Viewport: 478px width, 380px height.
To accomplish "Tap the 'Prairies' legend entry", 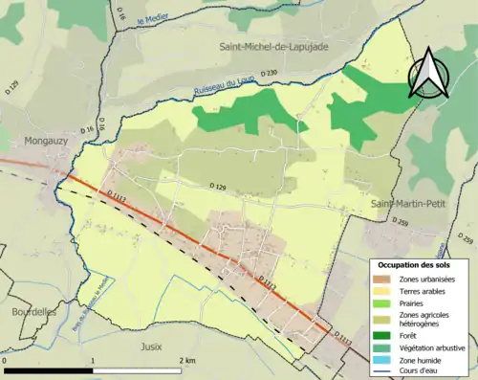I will [x=414, y=302].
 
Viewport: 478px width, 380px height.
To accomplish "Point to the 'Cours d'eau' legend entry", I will [x=422, y=370].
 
